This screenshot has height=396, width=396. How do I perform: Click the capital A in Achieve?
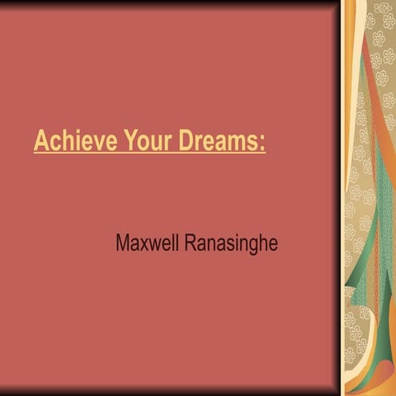tap(40, 142)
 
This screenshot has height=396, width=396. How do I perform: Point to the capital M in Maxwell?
tap(123, 244)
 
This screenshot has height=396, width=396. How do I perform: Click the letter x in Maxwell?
tap(144, 246)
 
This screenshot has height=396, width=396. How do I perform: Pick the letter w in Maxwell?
tap(154, 246)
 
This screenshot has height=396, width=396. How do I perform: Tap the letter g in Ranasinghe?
tap(252, 247)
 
